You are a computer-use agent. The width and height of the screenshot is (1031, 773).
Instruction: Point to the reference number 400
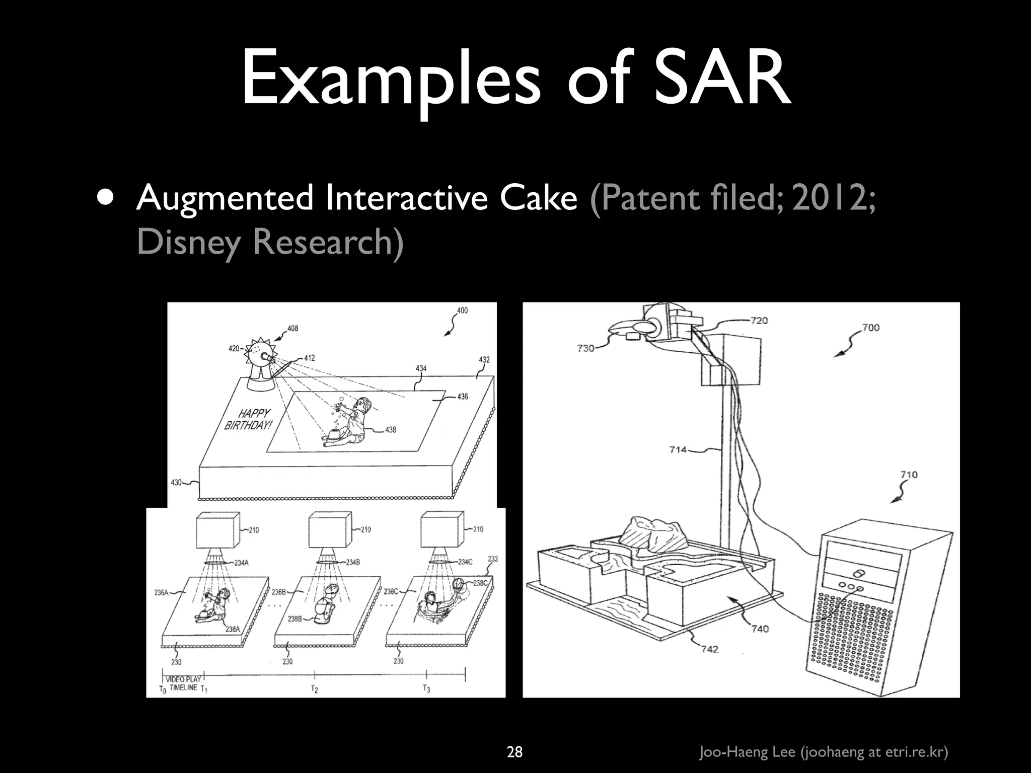(x=462, y=311)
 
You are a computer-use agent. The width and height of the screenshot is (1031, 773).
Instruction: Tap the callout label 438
(x=391, y=430)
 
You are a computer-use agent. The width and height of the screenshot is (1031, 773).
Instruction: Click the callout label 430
(x=176, y=483)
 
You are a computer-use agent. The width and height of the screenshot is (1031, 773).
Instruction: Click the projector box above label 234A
(x=218, y=530)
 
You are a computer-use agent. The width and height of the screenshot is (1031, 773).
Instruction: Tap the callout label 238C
(x=480, y=583)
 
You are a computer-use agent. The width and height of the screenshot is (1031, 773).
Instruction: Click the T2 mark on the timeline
(x=315, y=689)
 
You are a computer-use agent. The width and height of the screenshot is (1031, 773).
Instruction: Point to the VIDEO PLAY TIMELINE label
(x=183, y=683)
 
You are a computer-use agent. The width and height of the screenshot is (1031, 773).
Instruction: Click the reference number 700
(x=871, y=328)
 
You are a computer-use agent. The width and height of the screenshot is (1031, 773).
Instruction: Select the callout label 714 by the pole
(x=678, y=449)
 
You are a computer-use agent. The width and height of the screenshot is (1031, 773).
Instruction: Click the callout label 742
(x=709, y=649)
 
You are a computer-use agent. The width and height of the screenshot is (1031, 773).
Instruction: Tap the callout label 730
(x=585, y=348)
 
